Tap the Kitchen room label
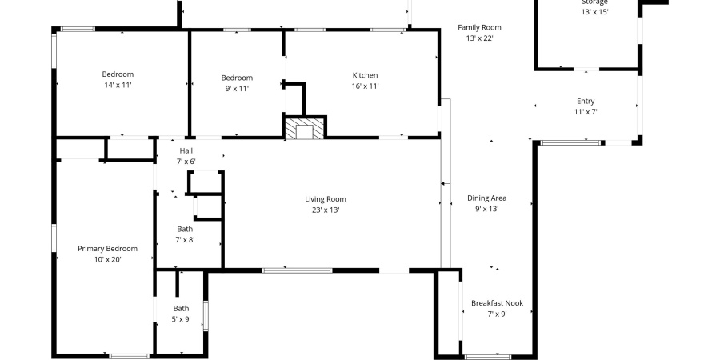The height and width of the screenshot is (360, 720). pyautogui.click(x=365, y=75)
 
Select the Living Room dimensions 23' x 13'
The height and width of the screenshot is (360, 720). pyautogui.click(x=326, y=210)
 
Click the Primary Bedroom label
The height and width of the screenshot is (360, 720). pyautogui.click(x=107, y=248)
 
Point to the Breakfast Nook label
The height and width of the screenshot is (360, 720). pyautogui.click(x=497, y=303)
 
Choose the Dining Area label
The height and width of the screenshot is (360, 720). pyautogui.click(x=486, y=198)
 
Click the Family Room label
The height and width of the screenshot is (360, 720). pyautogui.click(x=479, y=27)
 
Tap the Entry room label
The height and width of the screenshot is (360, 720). pyautogui.click(x=586, y=101)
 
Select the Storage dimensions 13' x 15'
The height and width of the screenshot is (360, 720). pyautogui.click(x=594, y=12)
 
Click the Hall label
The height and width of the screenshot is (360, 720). pyautogui.click(x=186, y=150)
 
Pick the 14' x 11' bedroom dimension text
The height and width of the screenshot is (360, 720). pyautogui.click(x=118, y=85)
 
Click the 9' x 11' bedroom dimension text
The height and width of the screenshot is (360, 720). pyautogui.click(x=236, y=88)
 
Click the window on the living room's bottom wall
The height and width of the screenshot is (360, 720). pyautogui.click(x=297, y=270)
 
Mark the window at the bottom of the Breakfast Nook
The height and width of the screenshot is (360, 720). pyautogui.click(x=487, y=356)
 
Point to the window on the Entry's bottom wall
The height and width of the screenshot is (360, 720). pyautogui.click(x=571, y=142)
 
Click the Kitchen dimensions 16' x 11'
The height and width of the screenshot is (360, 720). pyautogui.click(x=365, y=86)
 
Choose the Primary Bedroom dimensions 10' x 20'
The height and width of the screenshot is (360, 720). pyautogui.click(x=107, y=258)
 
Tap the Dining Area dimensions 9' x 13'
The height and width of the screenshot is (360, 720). pyautogui.click(x=486, y=209)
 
